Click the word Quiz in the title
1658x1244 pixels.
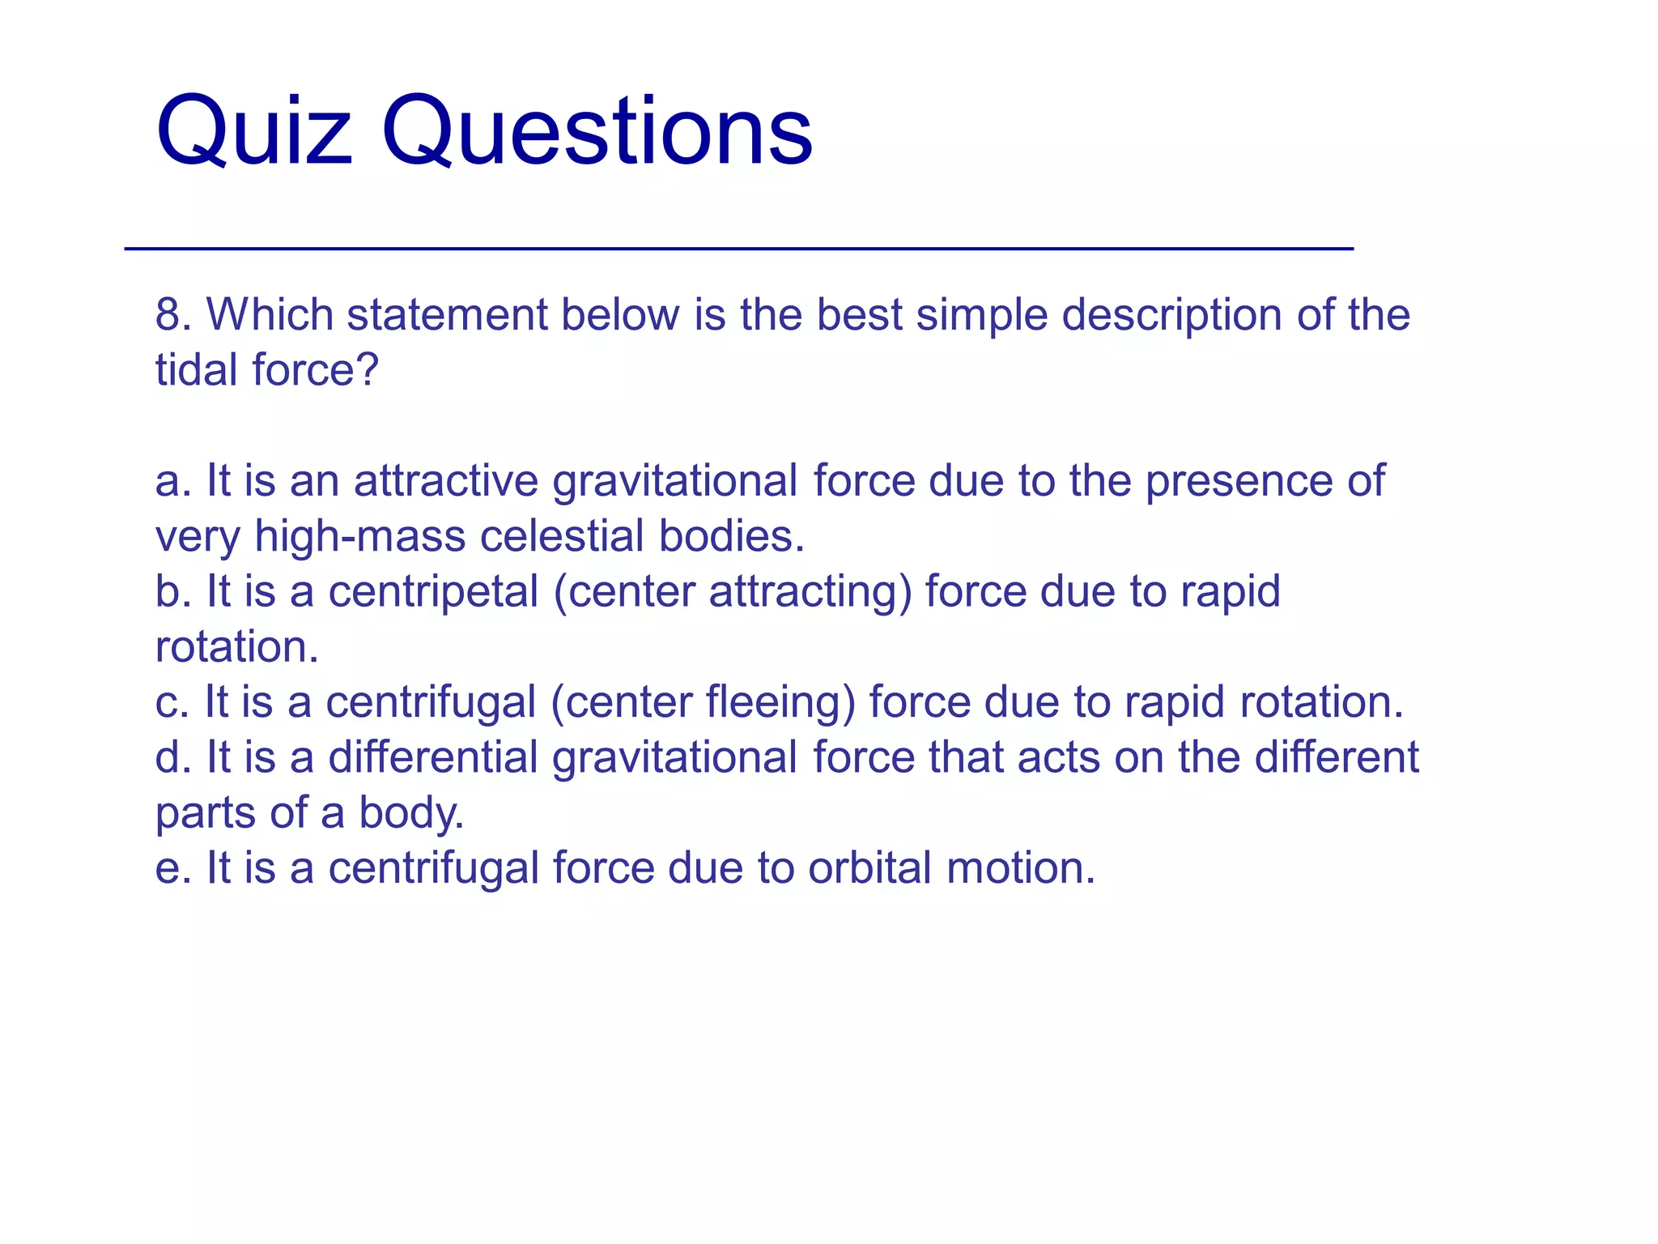(254, 131)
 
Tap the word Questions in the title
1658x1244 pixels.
(597, 131)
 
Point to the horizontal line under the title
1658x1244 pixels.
(738, 249)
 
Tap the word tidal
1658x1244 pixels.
(197, 370)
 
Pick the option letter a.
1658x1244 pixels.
(168, 481)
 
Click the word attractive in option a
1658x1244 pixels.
(446, 481)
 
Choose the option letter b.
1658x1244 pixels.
(168, 591)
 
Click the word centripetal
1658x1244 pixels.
(433, 593)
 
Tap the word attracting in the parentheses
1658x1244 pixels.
(810, 593)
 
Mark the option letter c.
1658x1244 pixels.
(168, 702)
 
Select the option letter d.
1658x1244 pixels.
(168, 757)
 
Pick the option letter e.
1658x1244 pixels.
(168, 868)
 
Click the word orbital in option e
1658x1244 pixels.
(869, 868)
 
